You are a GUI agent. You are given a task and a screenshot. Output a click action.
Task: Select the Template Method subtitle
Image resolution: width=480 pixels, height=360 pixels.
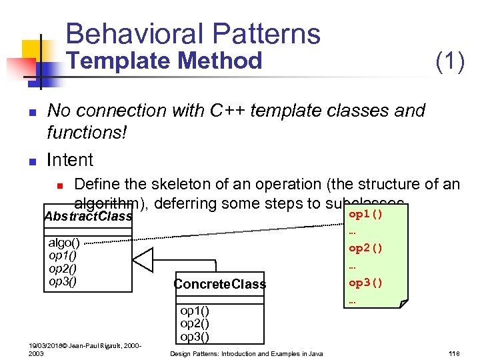click(x=167, y=61)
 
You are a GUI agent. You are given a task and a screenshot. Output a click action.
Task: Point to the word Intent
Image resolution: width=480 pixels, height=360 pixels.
click(x=70, y=160)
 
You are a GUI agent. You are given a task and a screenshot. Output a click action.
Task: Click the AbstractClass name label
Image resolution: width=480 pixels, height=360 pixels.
click(x=87, y=217)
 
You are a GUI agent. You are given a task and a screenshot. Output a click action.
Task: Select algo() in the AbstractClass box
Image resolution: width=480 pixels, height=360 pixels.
click(x=64, y=243)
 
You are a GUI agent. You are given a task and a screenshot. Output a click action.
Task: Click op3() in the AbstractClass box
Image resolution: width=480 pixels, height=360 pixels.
click(x=63, y=281)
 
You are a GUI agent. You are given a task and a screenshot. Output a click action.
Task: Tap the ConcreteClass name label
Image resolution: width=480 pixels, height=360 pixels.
click(x=219, y=285)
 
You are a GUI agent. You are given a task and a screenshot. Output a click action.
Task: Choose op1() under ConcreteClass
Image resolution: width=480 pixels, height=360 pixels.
click(x=195, y=311)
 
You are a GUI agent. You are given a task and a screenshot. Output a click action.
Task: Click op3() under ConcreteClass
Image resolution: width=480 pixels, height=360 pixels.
click(x=195, y=336)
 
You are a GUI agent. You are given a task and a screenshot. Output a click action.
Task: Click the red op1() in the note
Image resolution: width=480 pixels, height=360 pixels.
click(x=366, y=215)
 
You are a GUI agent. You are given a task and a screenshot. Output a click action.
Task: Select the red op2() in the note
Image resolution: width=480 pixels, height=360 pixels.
click(x=366, y=248)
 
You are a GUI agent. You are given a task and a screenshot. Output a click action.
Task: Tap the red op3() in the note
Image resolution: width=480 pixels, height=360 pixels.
click(x=366, y=282)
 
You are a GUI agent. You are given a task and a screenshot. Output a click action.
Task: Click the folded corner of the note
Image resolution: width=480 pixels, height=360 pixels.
click(x=403, y=303)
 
